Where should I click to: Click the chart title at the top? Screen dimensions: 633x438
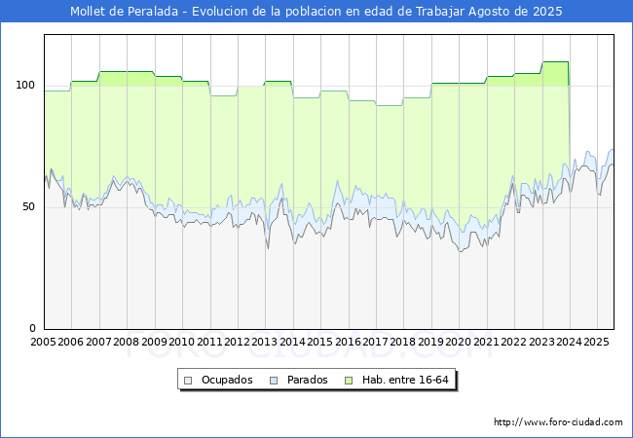316,12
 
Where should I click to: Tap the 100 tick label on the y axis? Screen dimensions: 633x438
25,86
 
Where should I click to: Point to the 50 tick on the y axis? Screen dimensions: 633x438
28,207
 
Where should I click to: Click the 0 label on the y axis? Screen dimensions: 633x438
32,329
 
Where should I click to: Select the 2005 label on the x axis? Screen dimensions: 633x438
43,342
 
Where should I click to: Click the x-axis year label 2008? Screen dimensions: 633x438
127,342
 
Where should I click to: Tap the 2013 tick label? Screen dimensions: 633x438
265,342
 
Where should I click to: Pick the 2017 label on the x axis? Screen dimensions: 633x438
376,342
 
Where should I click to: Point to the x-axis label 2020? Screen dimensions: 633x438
459,342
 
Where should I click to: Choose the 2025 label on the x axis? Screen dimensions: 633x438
596,342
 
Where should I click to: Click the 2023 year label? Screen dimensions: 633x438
541,342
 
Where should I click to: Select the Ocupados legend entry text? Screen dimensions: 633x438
227,380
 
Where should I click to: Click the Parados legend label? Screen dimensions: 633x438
307,380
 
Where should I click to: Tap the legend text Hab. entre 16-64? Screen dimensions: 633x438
405,380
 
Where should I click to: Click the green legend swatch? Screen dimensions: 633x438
349,381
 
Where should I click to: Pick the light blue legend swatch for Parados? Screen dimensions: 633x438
274,381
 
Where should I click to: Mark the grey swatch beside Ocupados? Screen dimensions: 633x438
188,381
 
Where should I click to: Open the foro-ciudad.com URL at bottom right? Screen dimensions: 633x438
558,422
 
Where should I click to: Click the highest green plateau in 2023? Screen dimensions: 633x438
555,61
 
